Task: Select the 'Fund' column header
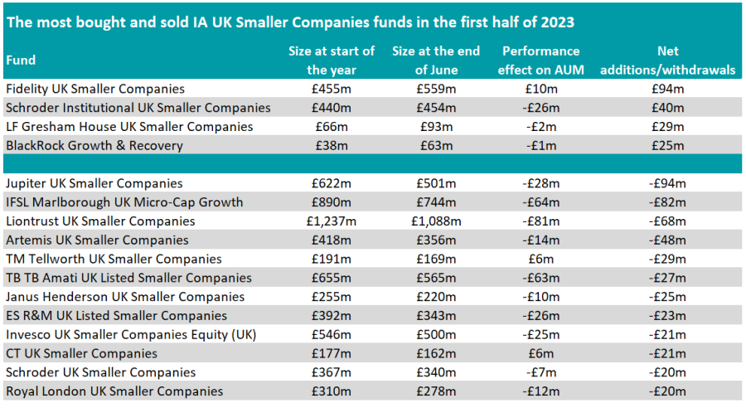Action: pyautogui.click(x=21, y=61)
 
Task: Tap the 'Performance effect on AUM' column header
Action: pyautogui.click(x=540, y=61)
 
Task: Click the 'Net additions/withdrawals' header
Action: pyautogui.click(x=667, y=61)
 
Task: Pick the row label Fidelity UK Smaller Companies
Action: pyautogui.click(x=94, y=89)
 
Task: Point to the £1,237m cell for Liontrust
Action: pyautogui.click(x=332, y=221)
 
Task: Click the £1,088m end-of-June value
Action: pyautogui.click(x=436, y=221)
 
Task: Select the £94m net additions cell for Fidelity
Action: pyautogui.click(x=667, y=89)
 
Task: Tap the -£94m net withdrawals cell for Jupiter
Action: pyautogui.click(x=667, y=183)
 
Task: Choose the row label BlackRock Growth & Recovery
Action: pyautogui.click(x=94, y=146)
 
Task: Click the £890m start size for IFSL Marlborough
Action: pyautogui.click(x=332, y=202)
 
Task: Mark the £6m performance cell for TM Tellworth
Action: pyautogui.click(x=540, y=260)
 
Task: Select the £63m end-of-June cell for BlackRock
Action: pyautogui.click(x=436, y=146)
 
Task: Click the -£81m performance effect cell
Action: pyautogui.click(x=540, y=221)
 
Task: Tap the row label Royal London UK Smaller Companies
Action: pyautogui.click(x=114, y=391)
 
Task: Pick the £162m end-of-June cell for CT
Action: pyautogui.click(x=436, y=354)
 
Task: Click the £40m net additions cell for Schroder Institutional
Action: pyautogui.click(x=667, y=108)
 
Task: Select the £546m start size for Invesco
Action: pyautogui.click(x=332, y=335)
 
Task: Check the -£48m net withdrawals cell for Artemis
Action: pyautogui.click(x=667, y=240)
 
